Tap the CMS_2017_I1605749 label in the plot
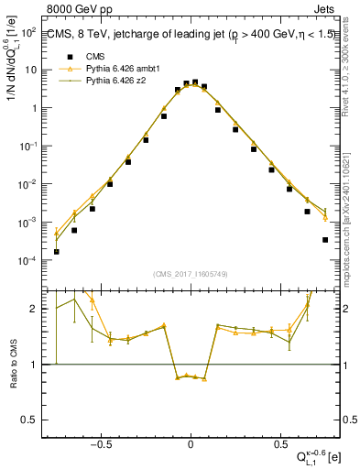coord(190,275)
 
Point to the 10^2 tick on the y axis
coord(30,31)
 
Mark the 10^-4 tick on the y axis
coord(30,261)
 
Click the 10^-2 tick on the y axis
coord(30,184)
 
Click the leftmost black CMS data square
coord(57,251)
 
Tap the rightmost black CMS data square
coord(325,240)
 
